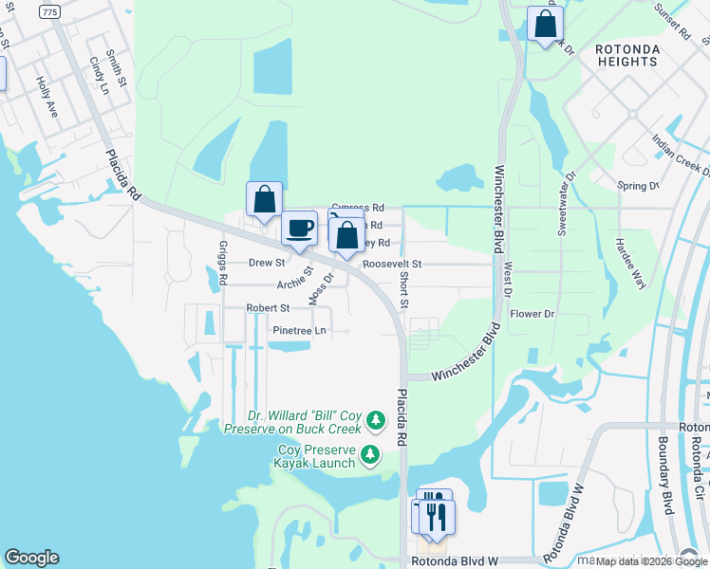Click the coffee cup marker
(x=300, y=229)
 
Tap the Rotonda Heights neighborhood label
(x=626, y=55)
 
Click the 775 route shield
(x=49, y=10)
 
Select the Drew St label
(x=267, y=262)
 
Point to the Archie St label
(x=295, y=283)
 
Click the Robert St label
(x=268, y=308)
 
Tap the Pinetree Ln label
(x=299, y=331)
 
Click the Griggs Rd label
(x=224, y=262)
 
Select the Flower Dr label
(x=532, y=314)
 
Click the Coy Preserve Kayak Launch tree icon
(x=371, y=456)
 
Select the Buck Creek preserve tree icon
(x=377, y=419)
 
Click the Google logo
(x=31, y=558)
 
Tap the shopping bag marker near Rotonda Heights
(x=546, y=26)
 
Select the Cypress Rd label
(x=358, y=208)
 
